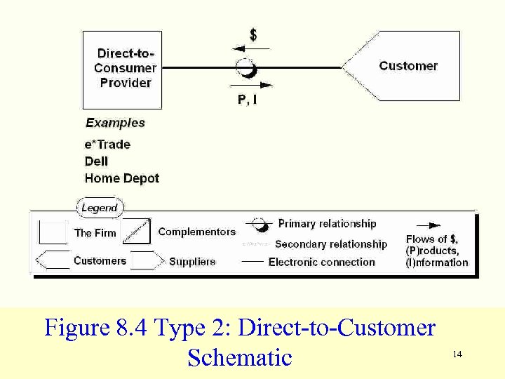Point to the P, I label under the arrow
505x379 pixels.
click(247, 100)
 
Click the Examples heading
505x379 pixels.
click(115, 123)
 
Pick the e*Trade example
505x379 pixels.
click(107, 144)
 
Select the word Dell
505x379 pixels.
click(96, 161)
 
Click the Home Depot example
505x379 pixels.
click(122, 178)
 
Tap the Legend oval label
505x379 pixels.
click(100, 208)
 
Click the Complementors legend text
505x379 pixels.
click(197, 232)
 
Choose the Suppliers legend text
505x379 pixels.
click(192, 262)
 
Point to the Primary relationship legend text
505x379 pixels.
click(327, 224)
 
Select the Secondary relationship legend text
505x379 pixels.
click(331, 244)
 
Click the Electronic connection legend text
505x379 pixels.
click(322, 262)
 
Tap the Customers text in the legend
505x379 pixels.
click(100, 261)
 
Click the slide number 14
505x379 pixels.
click(457, 354)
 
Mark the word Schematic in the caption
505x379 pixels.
click(240, 357)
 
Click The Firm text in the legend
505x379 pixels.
click(95, 232)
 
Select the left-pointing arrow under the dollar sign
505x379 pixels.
click(250, 49)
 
